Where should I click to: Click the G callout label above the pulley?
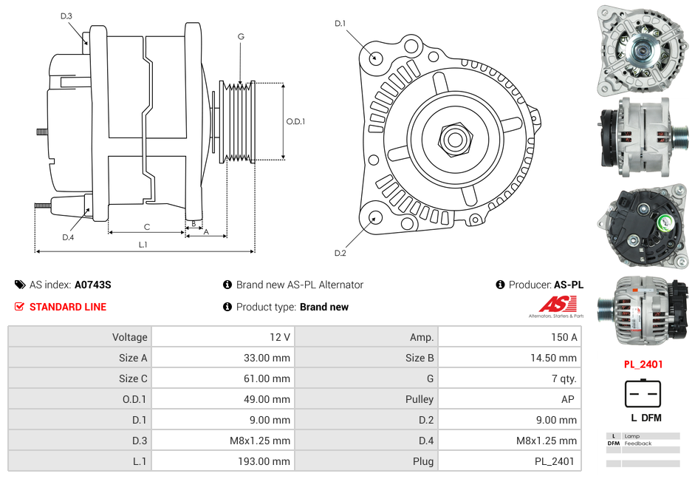click(x=241, y=37)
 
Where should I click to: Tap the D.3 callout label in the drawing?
click(x=66, y=16)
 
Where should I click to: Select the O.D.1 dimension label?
click(x=295, y=122)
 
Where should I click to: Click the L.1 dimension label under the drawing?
click(x=143, y=245)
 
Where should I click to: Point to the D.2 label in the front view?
click(x=340, y=254)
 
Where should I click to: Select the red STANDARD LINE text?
click(x=67, y=307)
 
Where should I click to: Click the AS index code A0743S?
click(x=93, y=285)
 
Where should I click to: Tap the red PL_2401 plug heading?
click(x=643, y=364)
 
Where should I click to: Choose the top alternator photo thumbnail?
click(x=642, y=50)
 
